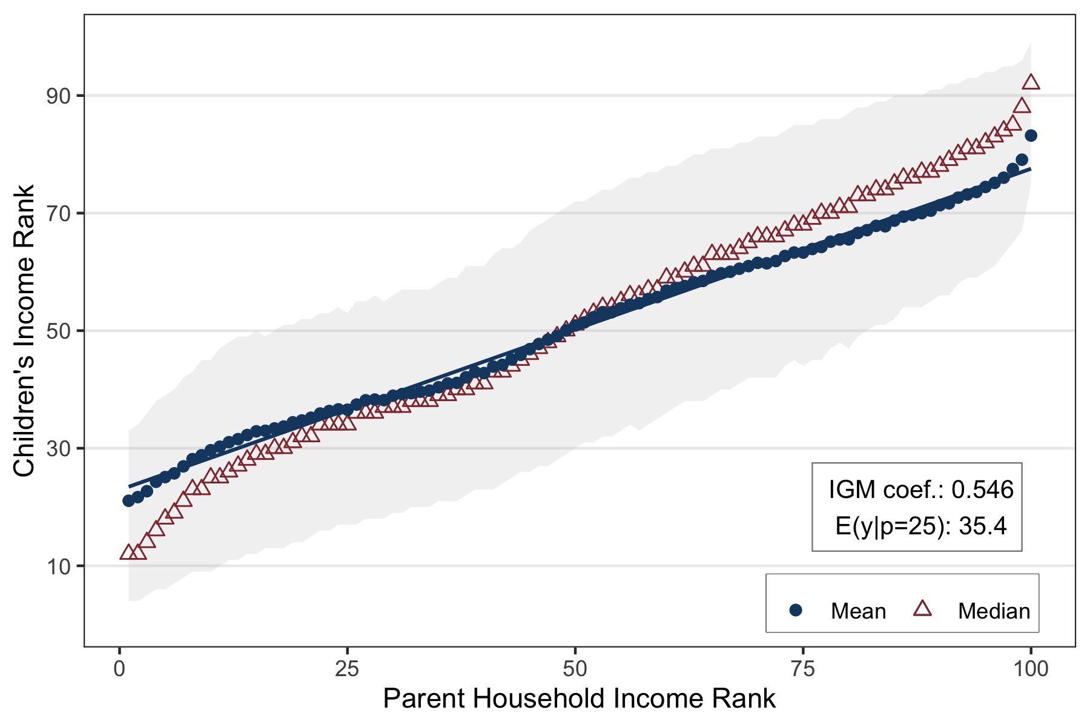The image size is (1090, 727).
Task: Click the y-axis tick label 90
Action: (58, 96)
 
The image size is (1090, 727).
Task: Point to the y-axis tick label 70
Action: (58, 214)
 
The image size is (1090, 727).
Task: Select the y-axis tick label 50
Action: (58, 331)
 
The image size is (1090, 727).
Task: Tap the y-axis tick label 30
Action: (58, 449)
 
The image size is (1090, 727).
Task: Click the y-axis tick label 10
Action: (58, 567)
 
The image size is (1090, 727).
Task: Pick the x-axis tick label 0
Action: (119, 669)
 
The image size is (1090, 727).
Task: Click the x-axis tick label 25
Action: (347, 669)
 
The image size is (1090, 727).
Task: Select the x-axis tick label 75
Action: (803, 669)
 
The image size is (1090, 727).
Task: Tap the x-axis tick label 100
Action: (1030, 669)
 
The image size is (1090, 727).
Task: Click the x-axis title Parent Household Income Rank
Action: (579, 699)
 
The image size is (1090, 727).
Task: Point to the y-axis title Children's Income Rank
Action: (24, 331)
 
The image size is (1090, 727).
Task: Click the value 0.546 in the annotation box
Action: (982, 490)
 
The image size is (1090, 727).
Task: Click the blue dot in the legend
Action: (796, 610)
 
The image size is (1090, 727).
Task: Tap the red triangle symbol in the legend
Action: (922, 609)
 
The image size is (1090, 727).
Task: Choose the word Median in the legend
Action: (994, 611)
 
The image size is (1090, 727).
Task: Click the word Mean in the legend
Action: (858, 611)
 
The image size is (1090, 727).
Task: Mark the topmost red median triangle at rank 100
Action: (1031, 82)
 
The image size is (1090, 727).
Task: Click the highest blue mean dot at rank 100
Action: (1031, 136)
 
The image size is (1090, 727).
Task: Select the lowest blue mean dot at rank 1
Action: (128, 500)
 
